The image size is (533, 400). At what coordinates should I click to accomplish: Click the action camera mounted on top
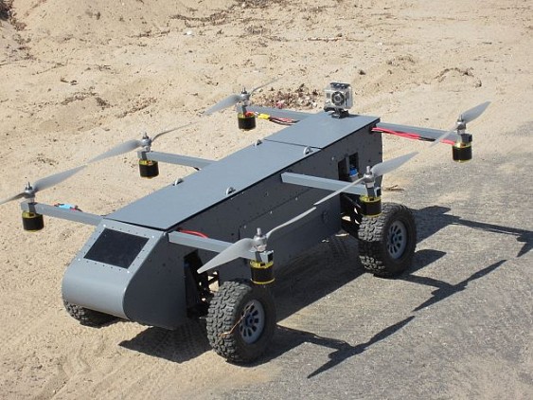coord(339,98)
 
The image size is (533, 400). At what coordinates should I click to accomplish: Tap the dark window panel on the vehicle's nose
coord(115,247)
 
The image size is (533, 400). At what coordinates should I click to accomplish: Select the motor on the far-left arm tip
coord(33,220)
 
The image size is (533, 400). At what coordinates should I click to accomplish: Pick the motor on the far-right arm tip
coord(462,150)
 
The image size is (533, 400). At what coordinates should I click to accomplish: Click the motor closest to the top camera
coord(247,119)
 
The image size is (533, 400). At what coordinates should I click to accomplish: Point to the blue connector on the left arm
coord(66,208)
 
